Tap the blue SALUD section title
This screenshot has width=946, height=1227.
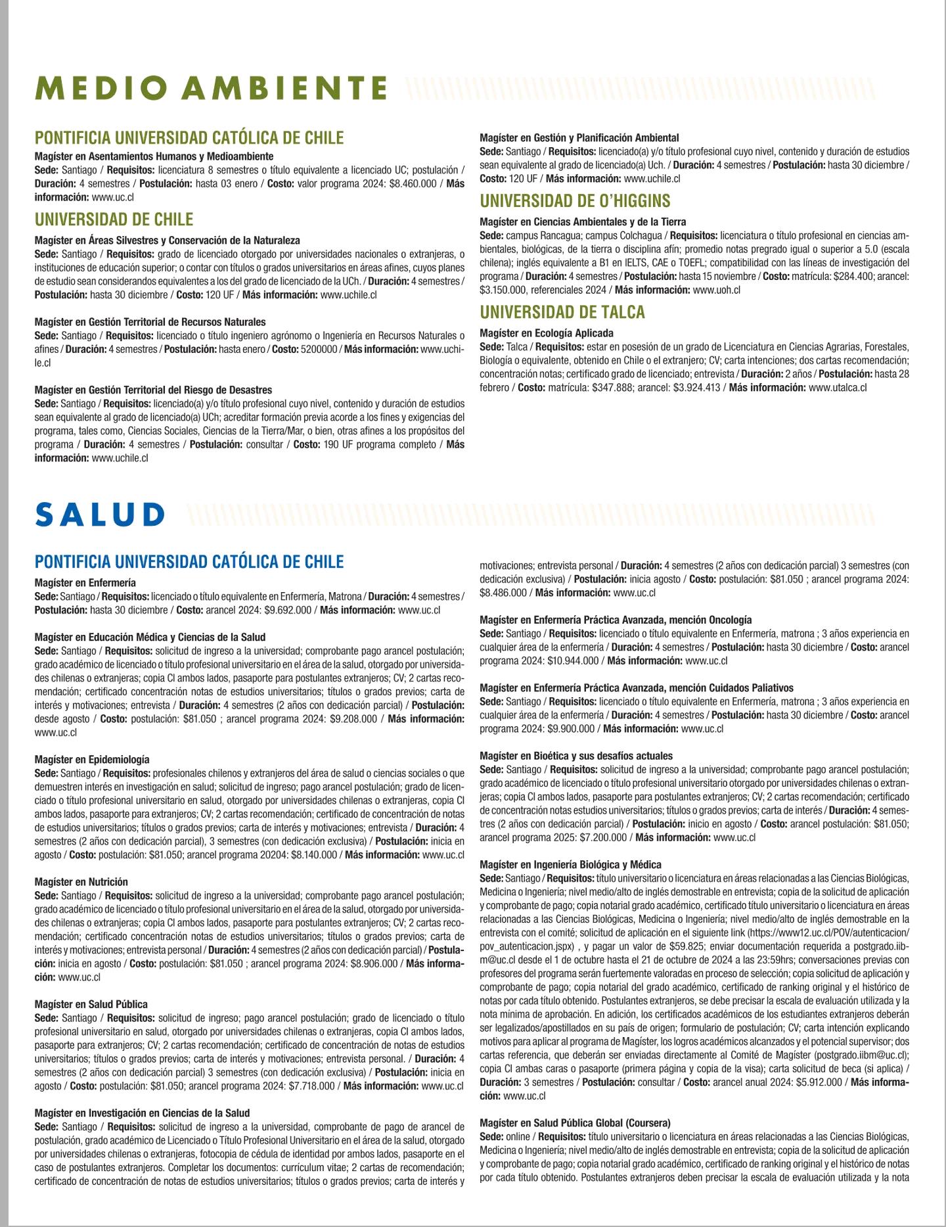100,515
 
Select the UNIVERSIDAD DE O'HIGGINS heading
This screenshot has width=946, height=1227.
575,200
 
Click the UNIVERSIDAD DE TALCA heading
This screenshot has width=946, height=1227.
562,312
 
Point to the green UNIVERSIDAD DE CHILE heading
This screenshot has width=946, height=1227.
114,219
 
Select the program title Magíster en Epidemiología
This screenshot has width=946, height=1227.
92,759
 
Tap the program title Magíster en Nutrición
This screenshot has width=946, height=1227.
81,881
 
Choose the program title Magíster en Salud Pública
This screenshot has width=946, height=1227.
91,1004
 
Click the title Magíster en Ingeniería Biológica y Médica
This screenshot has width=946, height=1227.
570,864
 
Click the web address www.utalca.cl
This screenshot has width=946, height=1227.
838,388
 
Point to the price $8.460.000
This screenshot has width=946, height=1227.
413,184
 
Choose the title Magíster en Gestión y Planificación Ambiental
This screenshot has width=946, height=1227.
579,138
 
